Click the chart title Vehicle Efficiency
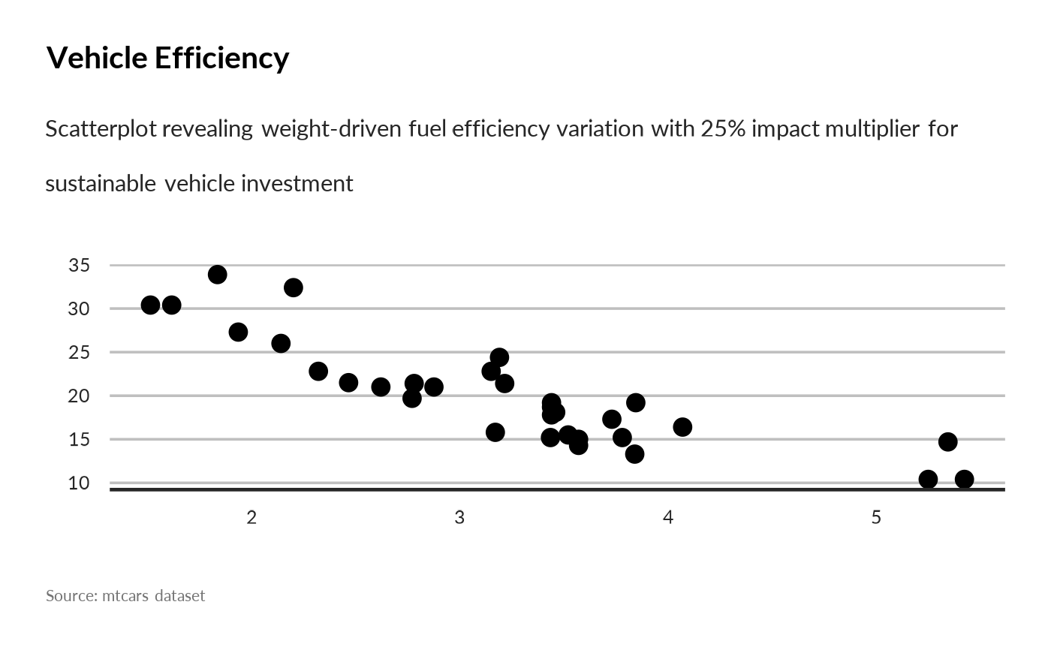167,58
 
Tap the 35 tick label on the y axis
79,266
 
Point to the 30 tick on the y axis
79,309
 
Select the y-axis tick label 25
79,353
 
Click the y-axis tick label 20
79,396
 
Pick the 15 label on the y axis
79,440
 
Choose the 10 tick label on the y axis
79,483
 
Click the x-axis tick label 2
251,519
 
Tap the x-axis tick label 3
459,519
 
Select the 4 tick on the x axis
668,519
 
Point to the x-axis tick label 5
876,519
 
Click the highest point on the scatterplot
218,275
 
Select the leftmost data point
150,305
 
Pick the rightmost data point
965,480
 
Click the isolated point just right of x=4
682,427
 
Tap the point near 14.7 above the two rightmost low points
948,442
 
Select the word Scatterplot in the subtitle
101,129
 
